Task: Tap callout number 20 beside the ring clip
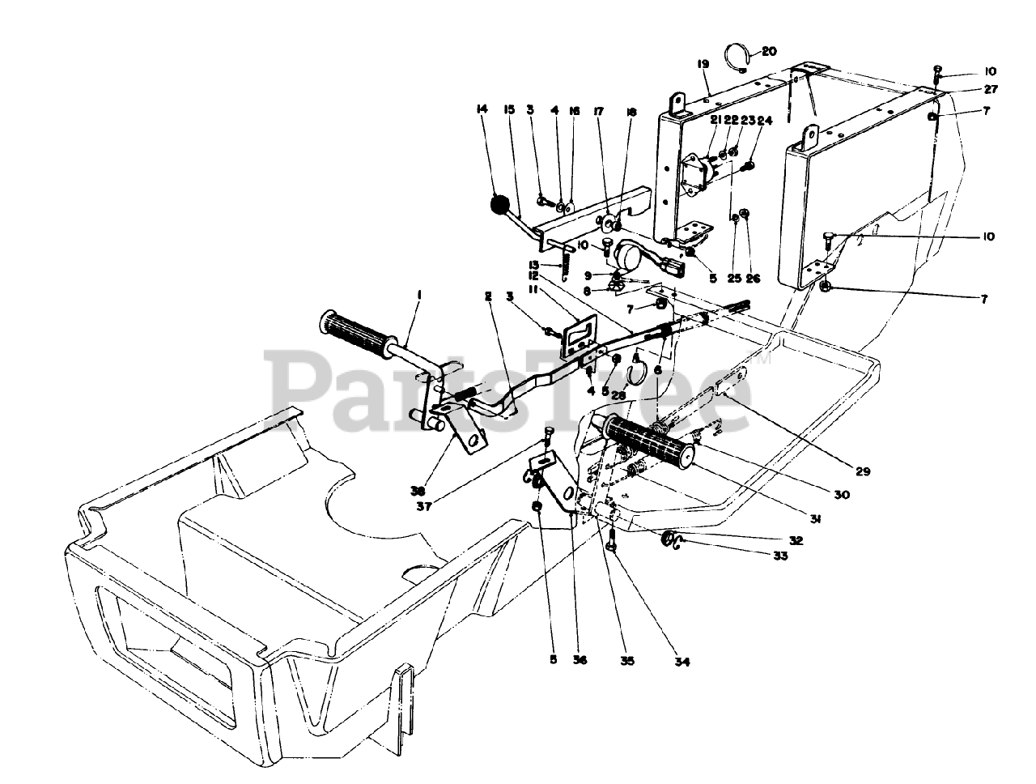tap(768, 51)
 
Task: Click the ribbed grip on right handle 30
tap(647, 441)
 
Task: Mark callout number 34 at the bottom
tap(681, 662)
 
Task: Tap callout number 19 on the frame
tap(702, 64)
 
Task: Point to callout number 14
tap(482, 109)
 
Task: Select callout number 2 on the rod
tap(488, 298)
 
